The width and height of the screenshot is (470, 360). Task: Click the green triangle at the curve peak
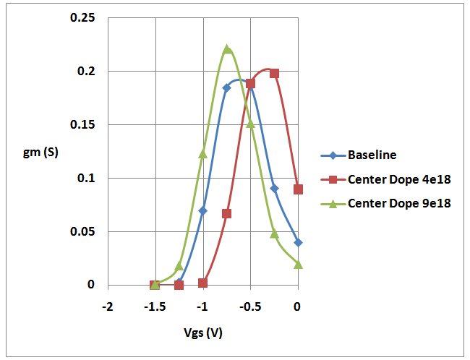pyautogui.click(x=227, y=49)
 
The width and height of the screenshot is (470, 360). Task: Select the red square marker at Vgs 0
pyautogui.click(x=298, y=189)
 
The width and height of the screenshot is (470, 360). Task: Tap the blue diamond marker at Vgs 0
pyautogui.click(x=298, y=242)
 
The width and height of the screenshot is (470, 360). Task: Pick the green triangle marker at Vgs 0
pyautogui.click(x=298, y=264)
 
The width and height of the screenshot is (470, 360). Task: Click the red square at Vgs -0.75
pyautogui.click(x=226, y=213)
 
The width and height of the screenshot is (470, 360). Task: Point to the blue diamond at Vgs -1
pyautogui.click(x=203, y=211)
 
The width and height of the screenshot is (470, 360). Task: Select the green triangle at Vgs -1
pyautogui.click(x=203, y=153)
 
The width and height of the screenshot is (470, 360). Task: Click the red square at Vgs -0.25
pyautogui.click(x=274, y=74)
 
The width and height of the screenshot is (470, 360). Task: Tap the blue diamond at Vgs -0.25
pyautogui.click(x=274, y=188)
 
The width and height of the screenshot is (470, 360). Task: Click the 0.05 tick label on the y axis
pyautogui.click(x=82, y=231)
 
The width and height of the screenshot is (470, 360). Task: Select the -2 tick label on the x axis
pyautogui.click(x=108, y=306)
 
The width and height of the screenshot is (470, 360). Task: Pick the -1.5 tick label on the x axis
pyautogui.click(x=155, y=306)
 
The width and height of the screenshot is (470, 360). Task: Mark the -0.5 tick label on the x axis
pyautogui.click(x=250, y=306)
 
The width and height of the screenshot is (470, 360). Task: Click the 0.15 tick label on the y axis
pyautogui.click(x=82, y=124)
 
